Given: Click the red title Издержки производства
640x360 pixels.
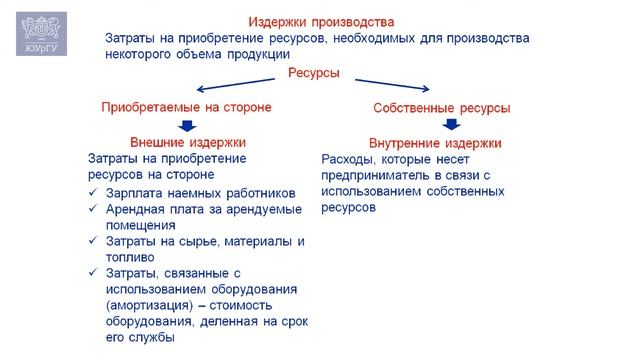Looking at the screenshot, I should (x=320, y=21).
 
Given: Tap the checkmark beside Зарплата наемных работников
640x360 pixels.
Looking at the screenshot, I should (x=93, y=193).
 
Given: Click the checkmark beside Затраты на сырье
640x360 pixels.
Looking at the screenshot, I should (x=93, y=241).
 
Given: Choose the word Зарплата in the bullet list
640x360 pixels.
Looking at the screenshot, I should (x=134, y=193).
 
